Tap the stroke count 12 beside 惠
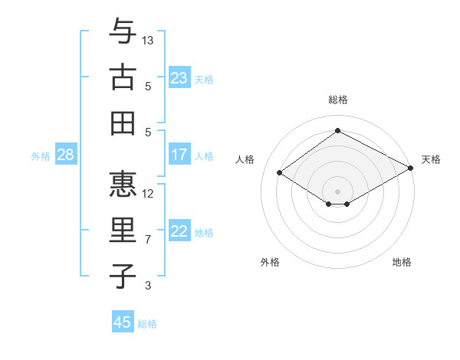(x=149, y=193)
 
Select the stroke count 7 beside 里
(x=149, y=240)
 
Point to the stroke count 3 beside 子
(x=149, y=286)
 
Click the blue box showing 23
(x=179, y=77)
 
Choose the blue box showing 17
(x=179, y=155)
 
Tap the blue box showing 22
(x=179, y=231)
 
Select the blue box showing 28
(x=66, y=155)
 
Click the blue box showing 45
(x=123, y=322)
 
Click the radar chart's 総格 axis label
(x=338, y=100)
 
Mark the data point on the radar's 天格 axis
(x=410, y=169)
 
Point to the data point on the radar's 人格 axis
(x=280, y=173)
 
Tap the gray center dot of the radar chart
(x=338, y=191)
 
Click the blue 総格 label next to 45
(x=147, y=324)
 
